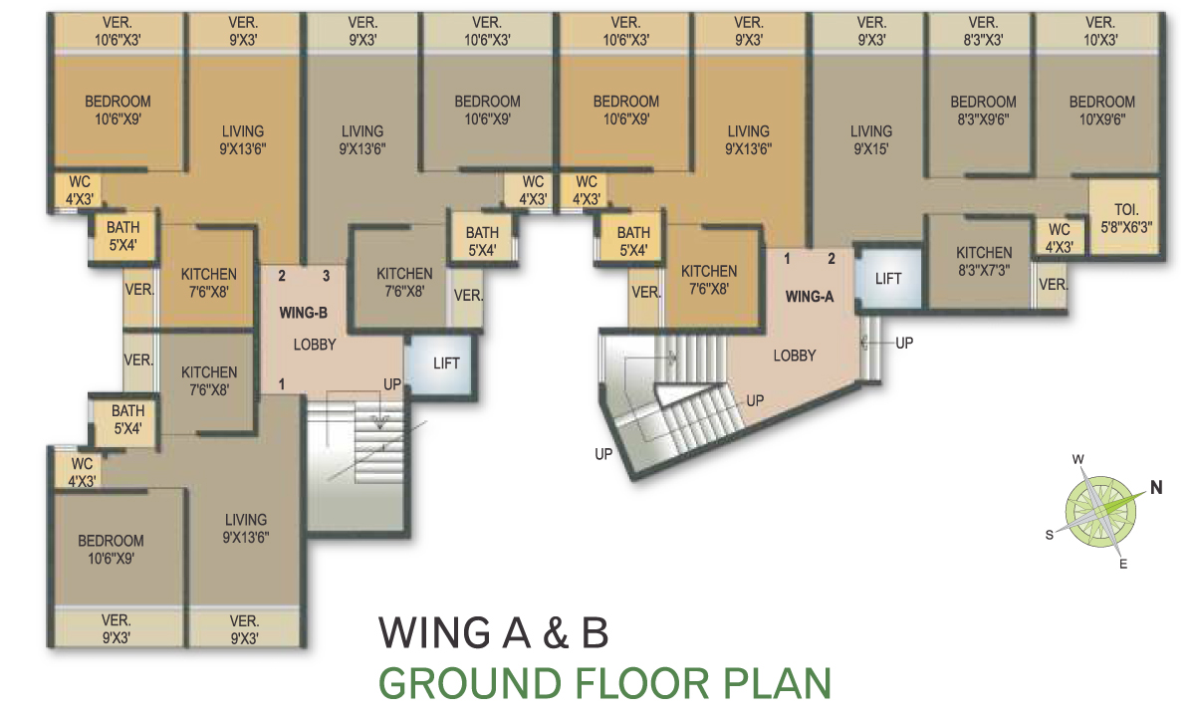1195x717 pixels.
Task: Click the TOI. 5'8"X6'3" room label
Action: coord(1126,218)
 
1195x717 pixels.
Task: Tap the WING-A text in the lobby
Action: coord(810,297)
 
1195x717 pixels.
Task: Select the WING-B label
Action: coord(303,313)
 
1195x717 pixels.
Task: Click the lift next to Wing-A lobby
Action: coord(888,278)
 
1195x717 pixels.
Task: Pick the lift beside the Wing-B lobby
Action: coord(440,364)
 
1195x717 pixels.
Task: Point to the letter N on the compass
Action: coord(1155,487)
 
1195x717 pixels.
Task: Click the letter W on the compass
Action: coord(1077,459)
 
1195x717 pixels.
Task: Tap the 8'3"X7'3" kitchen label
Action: coord(984,261)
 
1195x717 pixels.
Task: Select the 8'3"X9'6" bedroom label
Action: coord(983,111)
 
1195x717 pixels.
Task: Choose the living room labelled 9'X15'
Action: coord(871,139)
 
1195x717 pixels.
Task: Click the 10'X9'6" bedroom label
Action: coord(1102,111)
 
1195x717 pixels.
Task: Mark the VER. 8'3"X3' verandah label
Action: coord(983,31)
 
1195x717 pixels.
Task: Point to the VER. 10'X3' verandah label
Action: coord(1100,31)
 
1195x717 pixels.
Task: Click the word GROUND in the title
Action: coord(470,683)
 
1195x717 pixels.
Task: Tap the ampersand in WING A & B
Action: coord(557,633)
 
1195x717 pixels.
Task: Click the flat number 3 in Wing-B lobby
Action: coord(326,276)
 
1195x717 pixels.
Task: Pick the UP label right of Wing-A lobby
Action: coord(904,343)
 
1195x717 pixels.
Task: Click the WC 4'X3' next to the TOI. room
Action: coord(1059,238)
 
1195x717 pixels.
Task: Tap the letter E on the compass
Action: coord(1123,564)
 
